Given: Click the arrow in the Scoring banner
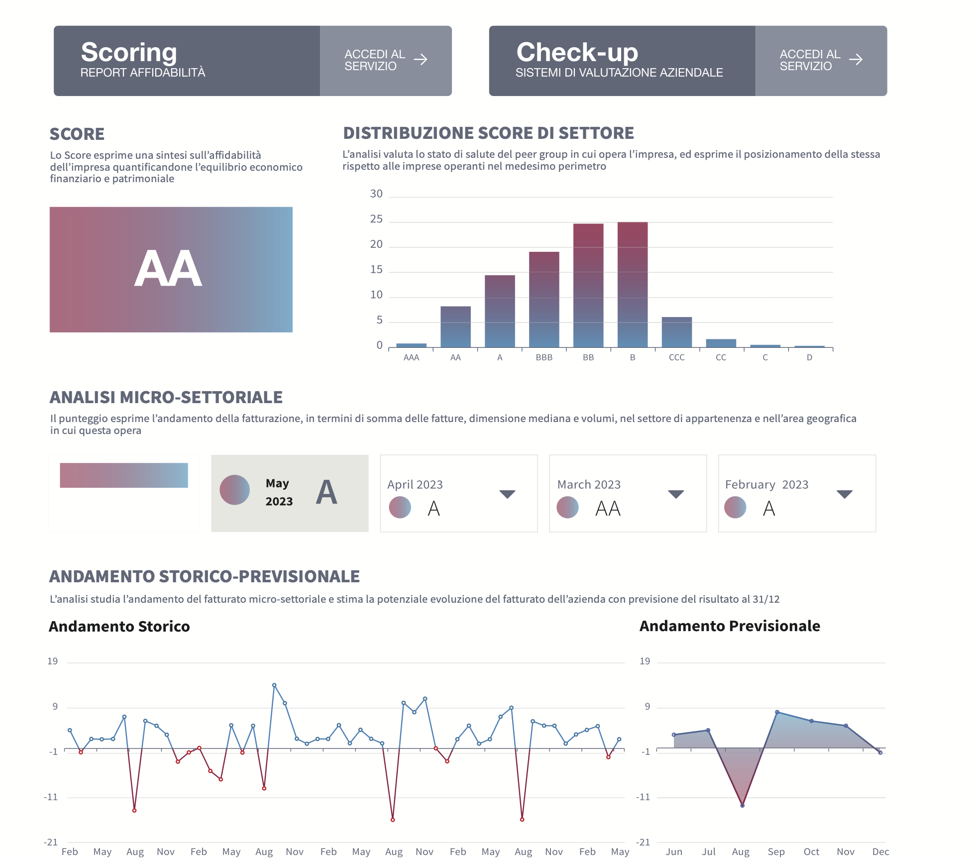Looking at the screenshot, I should click(421, 60).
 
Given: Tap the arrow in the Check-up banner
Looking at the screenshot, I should click(856, 60).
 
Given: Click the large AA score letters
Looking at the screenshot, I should click(168, 269).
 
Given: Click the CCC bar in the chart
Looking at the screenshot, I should click(676, 332).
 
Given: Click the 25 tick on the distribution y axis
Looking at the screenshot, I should click(376, 219).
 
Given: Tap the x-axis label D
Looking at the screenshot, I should click(809, 357).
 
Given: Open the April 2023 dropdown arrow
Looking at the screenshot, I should click(507, 494).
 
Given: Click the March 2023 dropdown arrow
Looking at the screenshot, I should click(676, 494).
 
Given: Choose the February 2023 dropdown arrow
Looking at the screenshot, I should click(845, 494).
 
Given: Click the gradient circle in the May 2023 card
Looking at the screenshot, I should click(235, 490).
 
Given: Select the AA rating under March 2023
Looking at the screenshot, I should click(608, 509).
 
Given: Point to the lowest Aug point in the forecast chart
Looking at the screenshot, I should click(742, 805).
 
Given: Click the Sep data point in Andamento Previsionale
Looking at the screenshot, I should click(777, 712).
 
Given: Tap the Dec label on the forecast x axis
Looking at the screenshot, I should click(880, 852).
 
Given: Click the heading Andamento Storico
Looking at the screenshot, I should click(119, 626).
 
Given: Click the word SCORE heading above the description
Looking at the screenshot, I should click(77, 134).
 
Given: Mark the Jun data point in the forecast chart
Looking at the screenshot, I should click(674, 735).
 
